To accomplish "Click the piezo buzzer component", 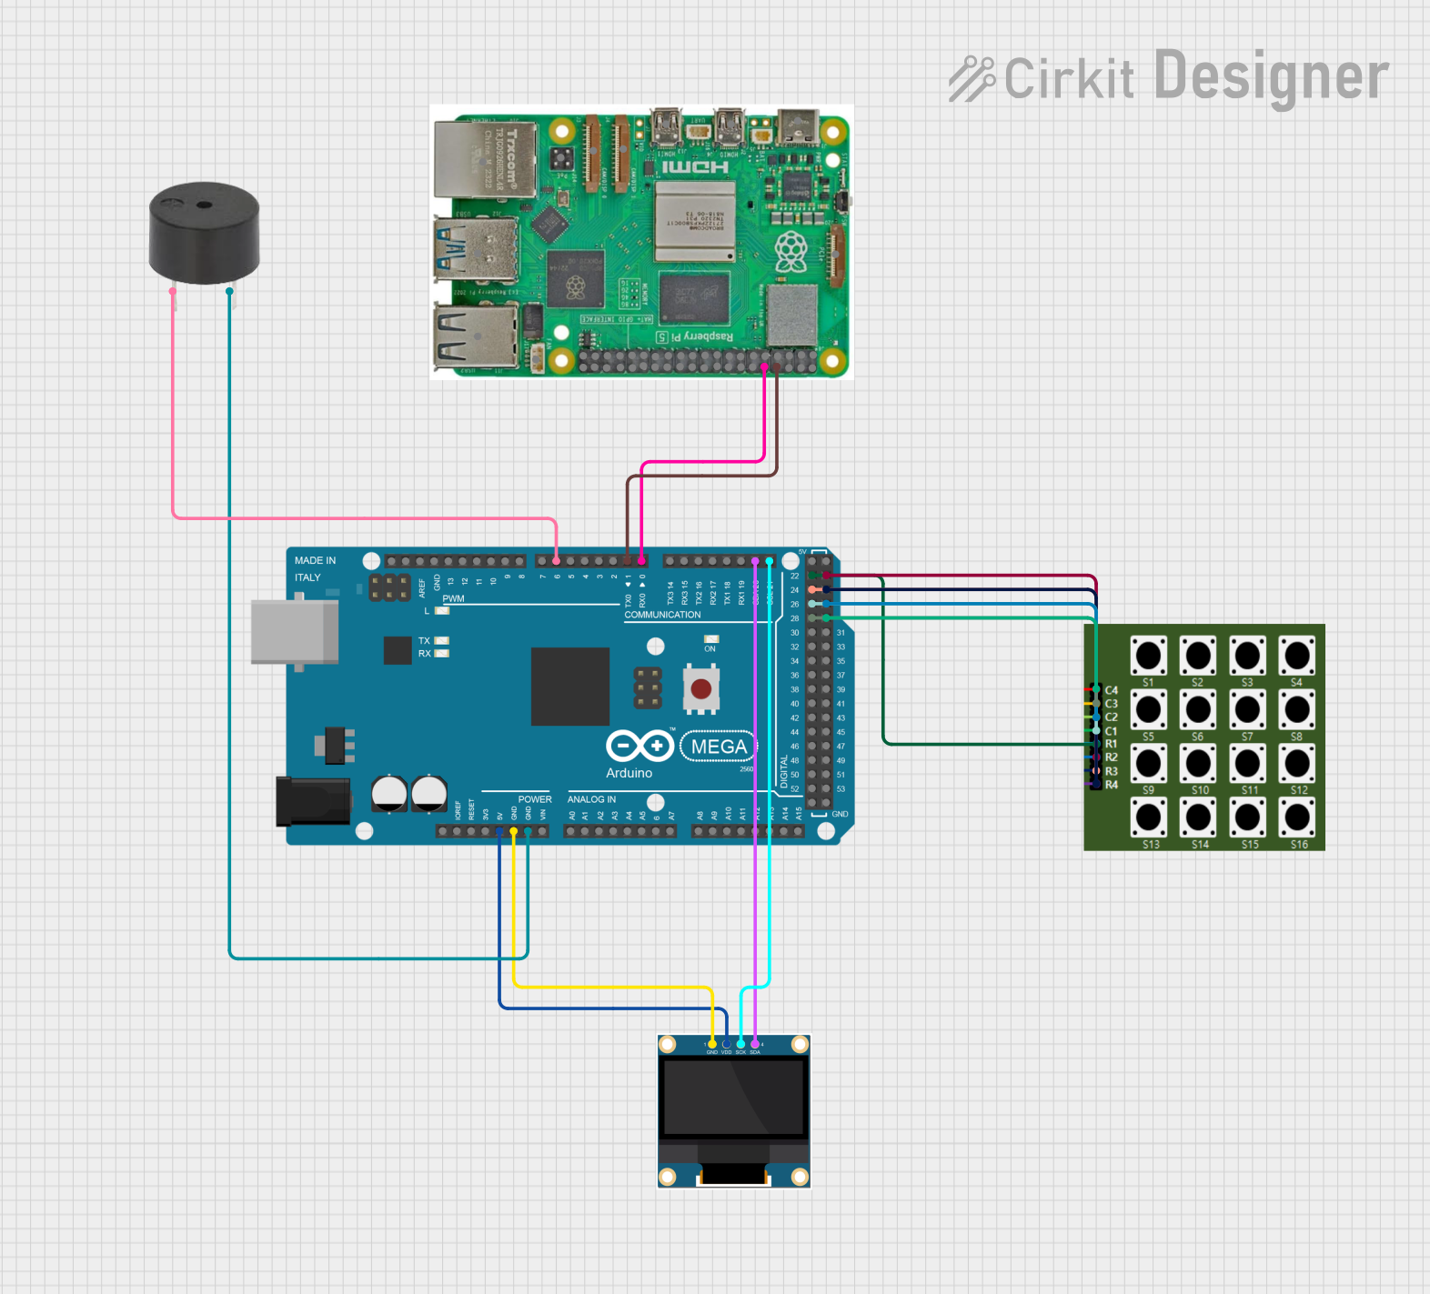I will coord(204,233).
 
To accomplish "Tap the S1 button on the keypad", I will coord(1148,655).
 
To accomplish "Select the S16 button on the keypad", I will coord(1297,818).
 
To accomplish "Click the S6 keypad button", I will coord(1198,709).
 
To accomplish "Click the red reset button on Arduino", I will coord(700,688).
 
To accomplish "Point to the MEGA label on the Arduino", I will coord(719,747).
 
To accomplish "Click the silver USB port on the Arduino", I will coord(294,631).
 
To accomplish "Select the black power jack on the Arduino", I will coord(312,800).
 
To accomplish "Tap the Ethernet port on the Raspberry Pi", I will coord(483,159).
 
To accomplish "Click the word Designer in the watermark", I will coord(1271,77).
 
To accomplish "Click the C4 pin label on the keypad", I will coord(1112,690).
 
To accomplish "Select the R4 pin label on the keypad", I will coord(1112,785).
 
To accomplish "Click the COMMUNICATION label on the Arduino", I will coord(662,615).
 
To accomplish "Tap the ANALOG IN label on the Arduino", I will coord(591,799).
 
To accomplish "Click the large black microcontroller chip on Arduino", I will coord(570,686).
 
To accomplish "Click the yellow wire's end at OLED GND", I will coord(712,1044).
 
